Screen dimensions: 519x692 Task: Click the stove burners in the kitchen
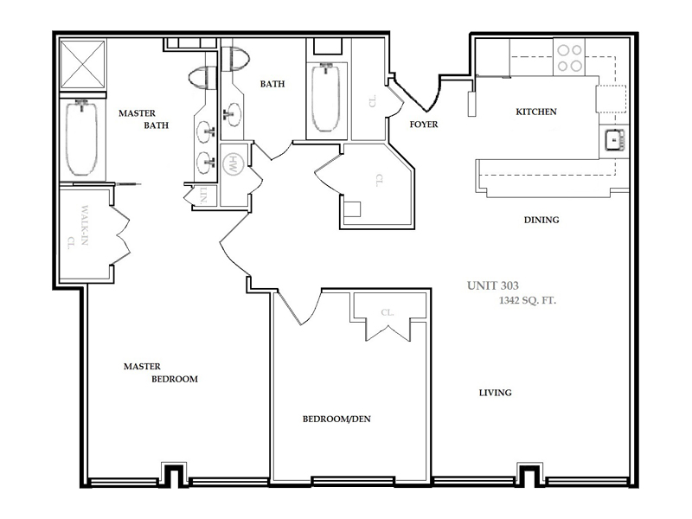(568, 57)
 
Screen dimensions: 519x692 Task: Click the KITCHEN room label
(535, 112)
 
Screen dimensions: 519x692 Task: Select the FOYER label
(424, 125)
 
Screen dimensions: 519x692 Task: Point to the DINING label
(541, 220)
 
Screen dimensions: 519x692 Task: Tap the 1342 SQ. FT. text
(528, 300)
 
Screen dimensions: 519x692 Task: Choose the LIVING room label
(496, 393)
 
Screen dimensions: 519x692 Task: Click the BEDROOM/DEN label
(336, 420)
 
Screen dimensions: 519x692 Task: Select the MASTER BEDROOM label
(160, 372)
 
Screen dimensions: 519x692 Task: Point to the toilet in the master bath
(204, 79)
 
